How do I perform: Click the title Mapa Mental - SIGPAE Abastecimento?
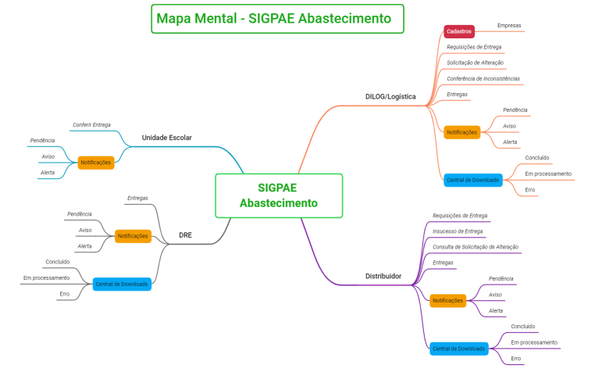[x=277, y=18]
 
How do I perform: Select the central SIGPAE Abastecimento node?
[x=278, y=195]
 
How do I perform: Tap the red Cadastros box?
[x=458, y=31]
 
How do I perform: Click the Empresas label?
[x=509, y=26]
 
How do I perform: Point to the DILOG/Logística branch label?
[x=390, y=97]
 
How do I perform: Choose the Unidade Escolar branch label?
[x=166, y=138]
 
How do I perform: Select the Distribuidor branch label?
[x=383, y=276]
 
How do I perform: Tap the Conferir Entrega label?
[x=91, y=124]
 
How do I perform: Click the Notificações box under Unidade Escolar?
[x=96, y=163]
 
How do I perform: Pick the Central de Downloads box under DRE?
[x=122, y=284]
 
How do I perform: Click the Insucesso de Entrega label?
[x=458, y=231]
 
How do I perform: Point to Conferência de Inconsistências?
[x=483, y=78]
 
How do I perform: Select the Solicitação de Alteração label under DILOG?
[x=475, y=63]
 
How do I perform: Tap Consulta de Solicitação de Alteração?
[x=475, y=247]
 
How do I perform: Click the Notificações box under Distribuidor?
[x=447, y=300]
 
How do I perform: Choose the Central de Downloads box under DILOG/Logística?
[x=472, y=180]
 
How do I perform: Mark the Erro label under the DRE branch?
[x=64, y=294]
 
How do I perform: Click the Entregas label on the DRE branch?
[x=137, y=198]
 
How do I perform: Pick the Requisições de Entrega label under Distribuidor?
[x=460, y=216]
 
